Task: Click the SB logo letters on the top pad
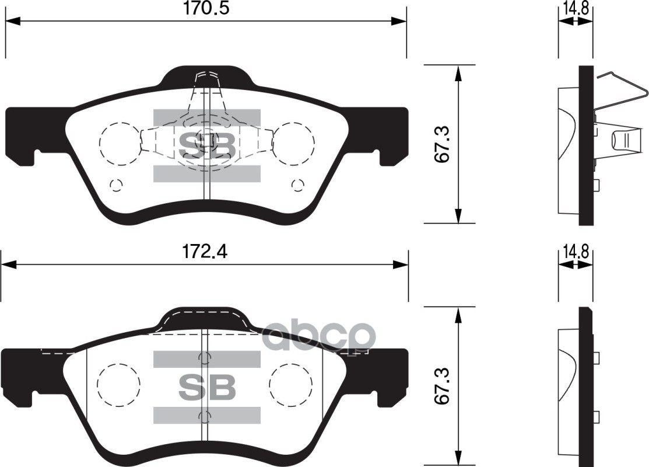pos(206,146)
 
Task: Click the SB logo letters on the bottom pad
pos(206,386)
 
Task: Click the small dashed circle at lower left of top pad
pos(116,186)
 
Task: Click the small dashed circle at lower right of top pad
pos(297,186)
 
